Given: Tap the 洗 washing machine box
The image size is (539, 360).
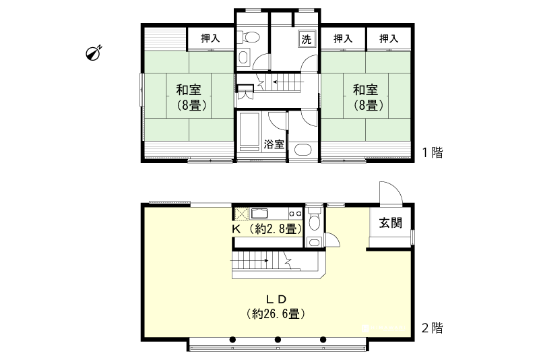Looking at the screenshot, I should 307,38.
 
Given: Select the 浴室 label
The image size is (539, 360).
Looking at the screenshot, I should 274,144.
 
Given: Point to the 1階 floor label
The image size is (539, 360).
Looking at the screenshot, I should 432,152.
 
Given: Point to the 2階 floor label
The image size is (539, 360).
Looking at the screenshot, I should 432,329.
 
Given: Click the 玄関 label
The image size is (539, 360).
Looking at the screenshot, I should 389,224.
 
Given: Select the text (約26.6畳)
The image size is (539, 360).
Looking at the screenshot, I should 277,313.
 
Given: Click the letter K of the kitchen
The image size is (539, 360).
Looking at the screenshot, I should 236,229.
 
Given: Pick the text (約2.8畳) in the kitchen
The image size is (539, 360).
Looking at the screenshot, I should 273,229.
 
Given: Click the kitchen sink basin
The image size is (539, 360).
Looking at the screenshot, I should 261,213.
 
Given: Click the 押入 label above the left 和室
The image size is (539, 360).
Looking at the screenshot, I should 210,38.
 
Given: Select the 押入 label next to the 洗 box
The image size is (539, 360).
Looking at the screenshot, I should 343,38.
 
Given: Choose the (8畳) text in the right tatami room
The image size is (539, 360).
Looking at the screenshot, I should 366,105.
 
